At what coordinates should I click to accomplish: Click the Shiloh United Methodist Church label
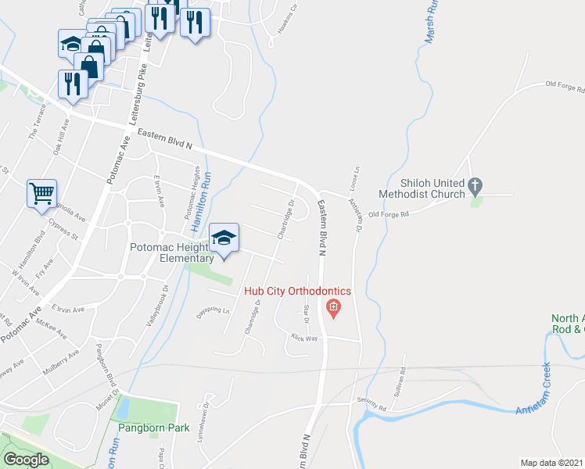coord(421,188)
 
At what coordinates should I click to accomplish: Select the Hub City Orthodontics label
coord(298,291)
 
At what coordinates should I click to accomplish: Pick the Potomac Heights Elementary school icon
coord(224,238)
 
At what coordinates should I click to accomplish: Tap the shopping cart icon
coord(42,193)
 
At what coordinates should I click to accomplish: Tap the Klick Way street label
coord(304,338)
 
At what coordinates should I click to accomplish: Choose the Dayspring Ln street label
coord(215,310)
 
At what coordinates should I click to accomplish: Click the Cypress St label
coord(63,231)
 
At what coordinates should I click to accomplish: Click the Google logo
coord(26,460)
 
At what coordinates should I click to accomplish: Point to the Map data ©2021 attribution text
coord(552,463)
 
